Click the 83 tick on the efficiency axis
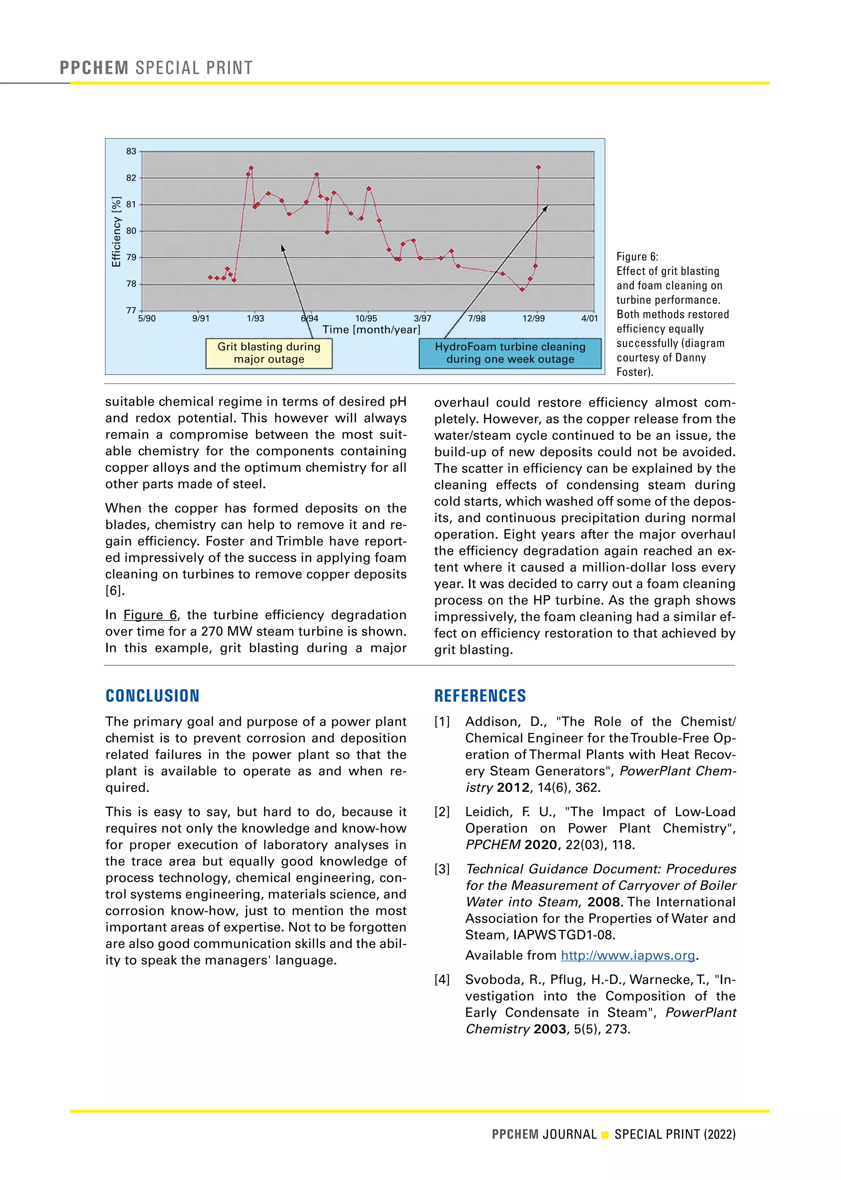click(x=131, y=151)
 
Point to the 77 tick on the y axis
click(x=131, y=310)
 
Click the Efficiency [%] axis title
click(x=117, y=232)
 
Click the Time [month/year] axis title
click(x=371, y=329)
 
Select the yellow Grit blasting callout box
click(x=269, y=353)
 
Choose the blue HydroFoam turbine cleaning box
click(x=510, y=353)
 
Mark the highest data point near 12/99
click(x=539, y=167)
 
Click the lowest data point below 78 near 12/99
click(x=522, y=290)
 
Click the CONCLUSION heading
click(x=152, y=696)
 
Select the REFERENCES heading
click(x=480, y=696)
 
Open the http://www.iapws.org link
click(x=627, y=955)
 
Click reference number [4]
click(x=442, y=980)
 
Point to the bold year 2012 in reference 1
click(x=512, y=787)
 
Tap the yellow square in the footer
click(x=605, y=1135)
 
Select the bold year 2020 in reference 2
click(x=541, y=844)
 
